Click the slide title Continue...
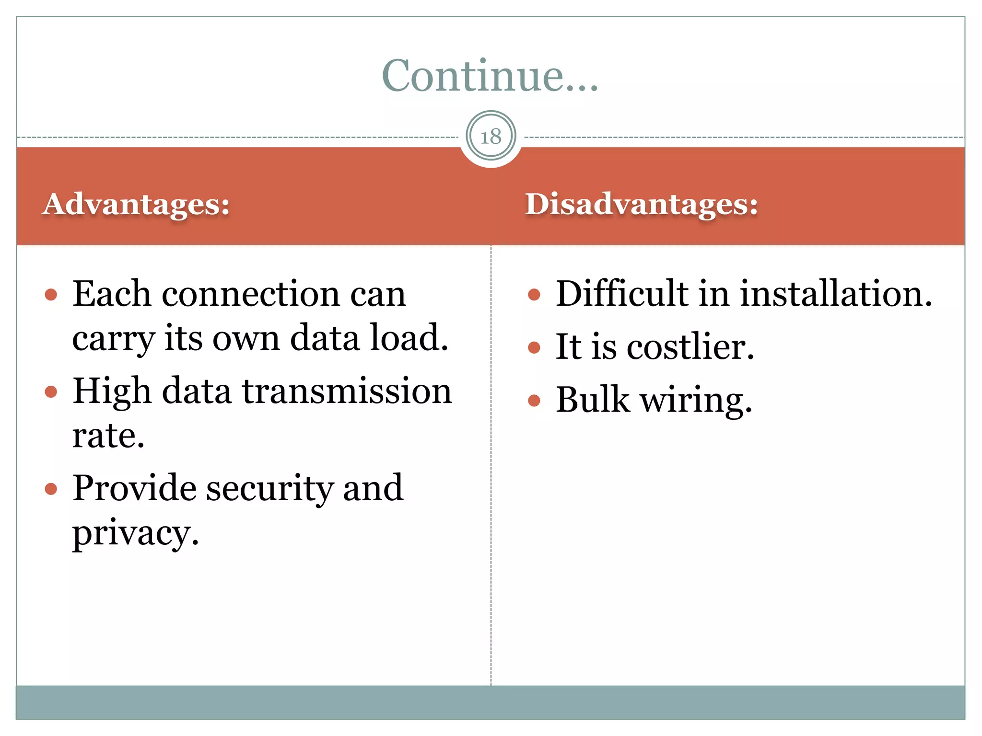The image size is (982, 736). [490, 76]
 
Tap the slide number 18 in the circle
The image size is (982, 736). [491, 137]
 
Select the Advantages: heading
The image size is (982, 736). [136, 204]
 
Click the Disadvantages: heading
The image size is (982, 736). [642, 204]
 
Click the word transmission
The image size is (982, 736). [347, 391]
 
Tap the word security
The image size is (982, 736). [269, 488]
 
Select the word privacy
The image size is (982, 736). [135, 533]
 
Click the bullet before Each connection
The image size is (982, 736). [51, 294]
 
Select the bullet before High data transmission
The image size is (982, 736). [51, 392]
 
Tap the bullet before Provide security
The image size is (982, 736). [51, 489]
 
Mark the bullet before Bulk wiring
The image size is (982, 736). [534, 400]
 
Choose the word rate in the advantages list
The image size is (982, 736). [108, 436]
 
